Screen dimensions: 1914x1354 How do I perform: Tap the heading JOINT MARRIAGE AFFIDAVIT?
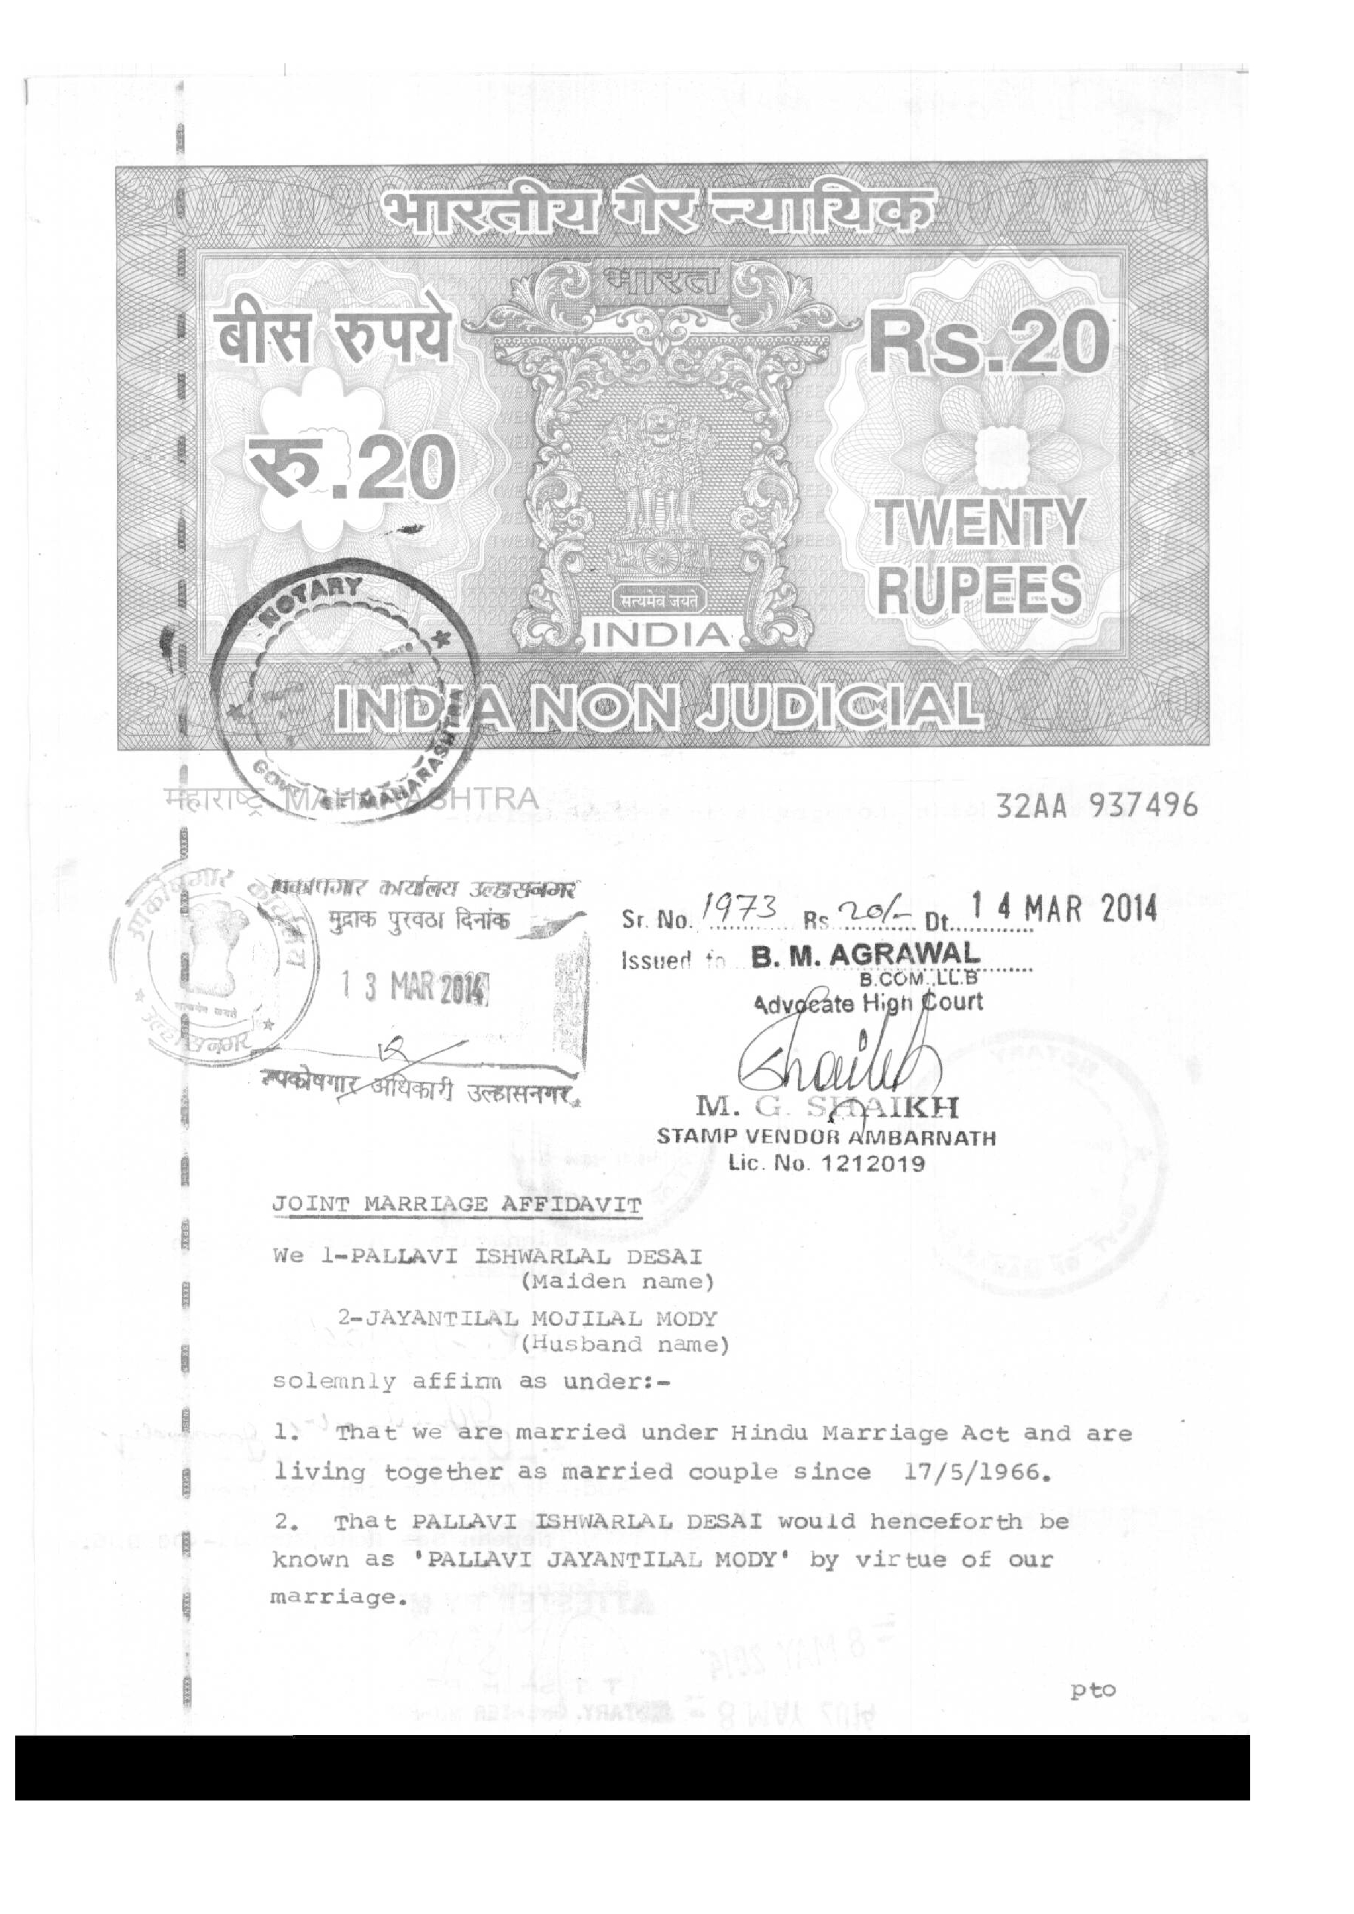tap(458, 1206)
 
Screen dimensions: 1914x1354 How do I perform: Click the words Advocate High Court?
tap(867, 1004)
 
